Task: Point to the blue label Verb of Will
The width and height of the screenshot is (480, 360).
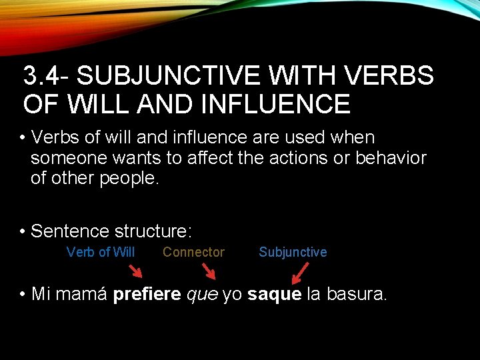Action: pyautogui.click(x=101, y=252)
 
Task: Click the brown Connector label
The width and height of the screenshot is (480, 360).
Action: pyautogui.click(x=193, y=252)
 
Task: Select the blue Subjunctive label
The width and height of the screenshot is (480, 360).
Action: pyautogui.click(x=293, y=252)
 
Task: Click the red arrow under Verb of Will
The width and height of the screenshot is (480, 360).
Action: pyautogui.click(x=135, y=271)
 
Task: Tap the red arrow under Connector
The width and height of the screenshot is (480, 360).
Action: pyautogui.click(x=209, y=271)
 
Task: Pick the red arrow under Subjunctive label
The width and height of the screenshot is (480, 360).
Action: pyautogui.click(x=300, y=271)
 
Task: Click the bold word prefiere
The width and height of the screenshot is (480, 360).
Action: pyautogui.click(x=147, y=295)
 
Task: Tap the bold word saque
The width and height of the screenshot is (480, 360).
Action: pyautogui.click(x=274, y=295)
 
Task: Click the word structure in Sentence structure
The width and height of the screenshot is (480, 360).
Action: pyautogui.click(x=153, y=232)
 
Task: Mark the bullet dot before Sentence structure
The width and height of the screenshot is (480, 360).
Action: pyautogui.click(x=23, y=232)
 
